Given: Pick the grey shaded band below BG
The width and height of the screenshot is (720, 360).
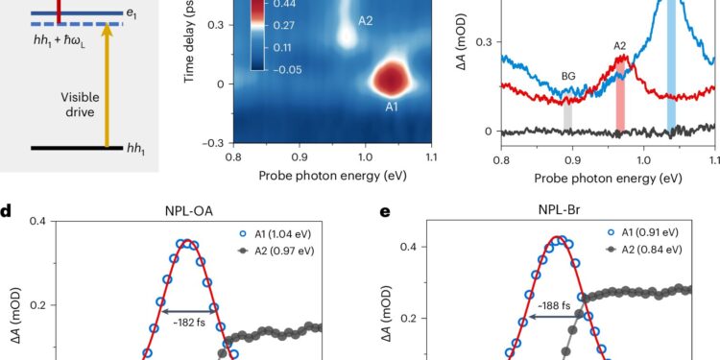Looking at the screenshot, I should point(568,114).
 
